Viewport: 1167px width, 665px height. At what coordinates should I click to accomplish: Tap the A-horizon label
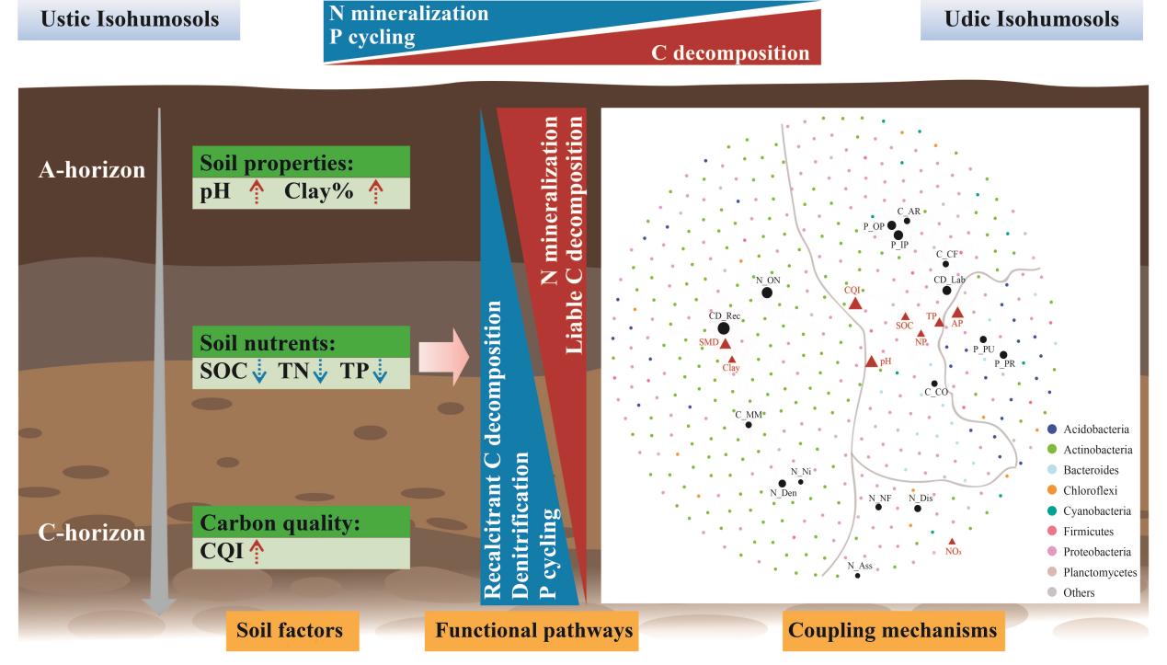pyautogui.click(x=85, y=170)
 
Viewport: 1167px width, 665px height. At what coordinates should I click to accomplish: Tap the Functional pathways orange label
pyautogui.click(x=534, y=631)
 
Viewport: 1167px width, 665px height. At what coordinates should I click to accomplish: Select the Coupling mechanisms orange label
pyautogui.click(x=891, y=631)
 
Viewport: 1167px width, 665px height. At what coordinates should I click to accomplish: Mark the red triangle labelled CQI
pyautogui.click(x=855, y=303)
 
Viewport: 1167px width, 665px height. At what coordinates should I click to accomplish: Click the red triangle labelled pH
pyautogui.click(x=872, y=361)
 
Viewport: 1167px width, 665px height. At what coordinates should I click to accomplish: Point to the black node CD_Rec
pyautogui.click(x=724, y=328)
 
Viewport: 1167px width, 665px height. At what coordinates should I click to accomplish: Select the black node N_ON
pyautogui.click(x=767, y=292)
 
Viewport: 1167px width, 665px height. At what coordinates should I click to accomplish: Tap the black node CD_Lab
pyautogui.click(x=946, y=291)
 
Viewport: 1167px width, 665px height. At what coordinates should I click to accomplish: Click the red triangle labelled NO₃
pyautogui.click(x=952, y=541)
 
